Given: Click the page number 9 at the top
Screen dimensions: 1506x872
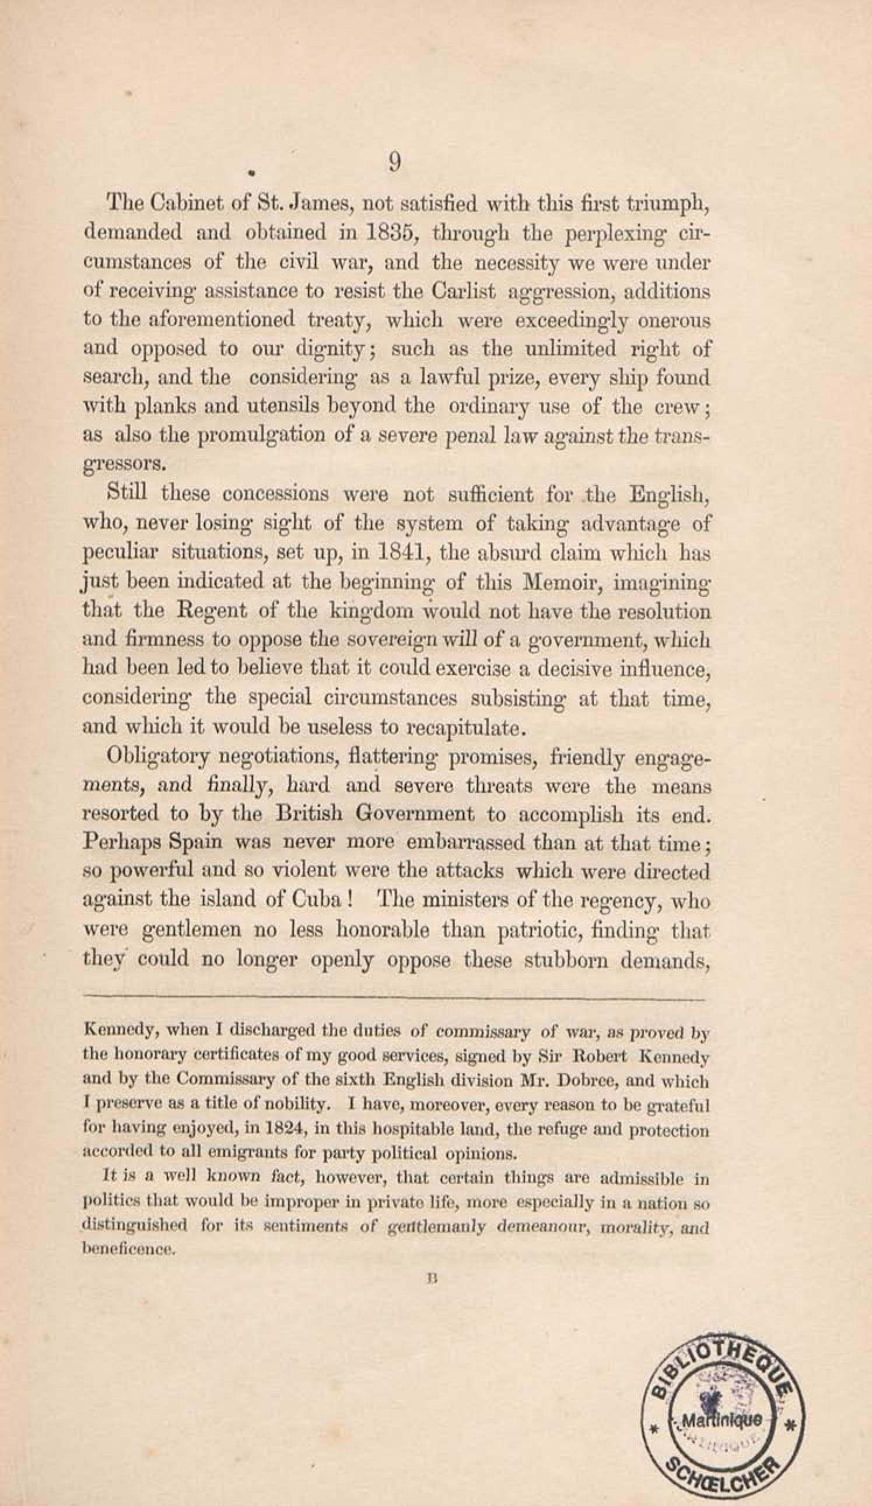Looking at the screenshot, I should tap(395, 162).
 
